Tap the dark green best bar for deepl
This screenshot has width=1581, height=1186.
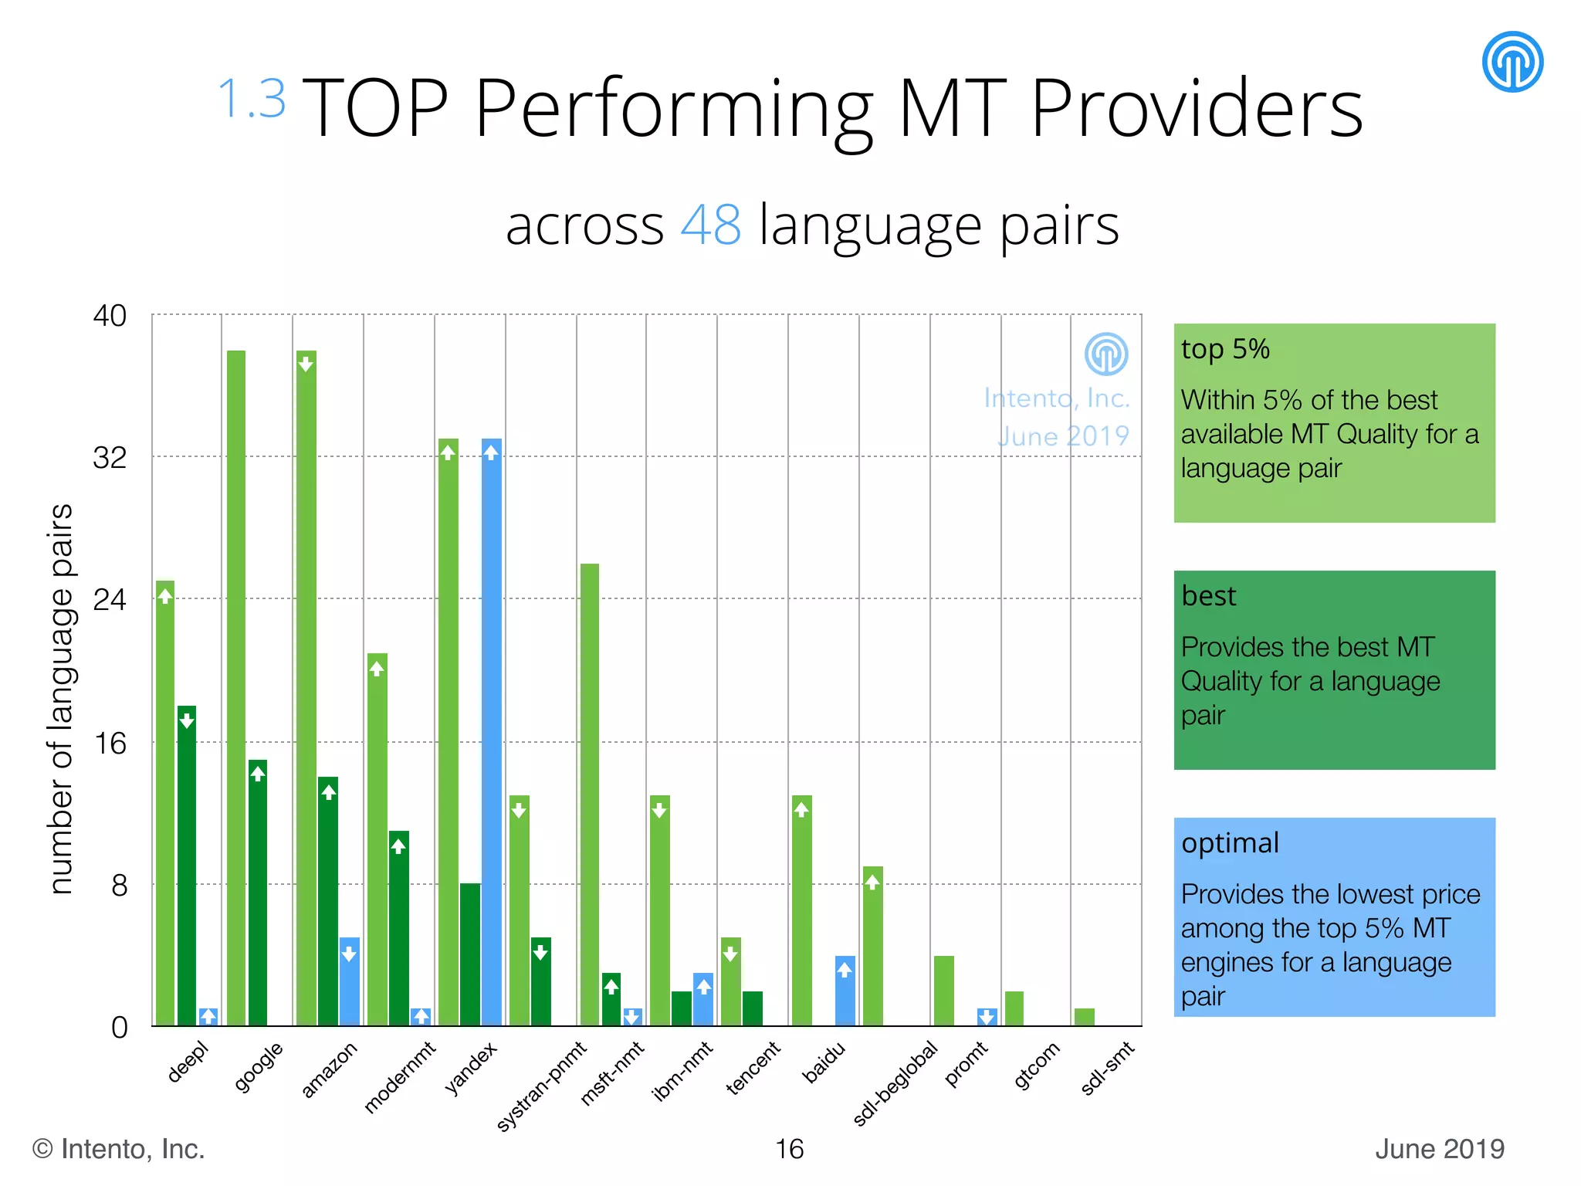[187, 865]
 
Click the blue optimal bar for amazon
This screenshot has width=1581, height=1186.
[350, 981]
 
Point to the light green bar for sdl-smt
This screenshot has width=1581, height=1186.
[1085, 1017]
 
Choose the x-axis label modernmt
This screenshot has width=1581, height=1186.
[400, 1076]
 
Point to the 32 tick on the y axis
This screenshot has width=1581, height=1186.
[110, 457]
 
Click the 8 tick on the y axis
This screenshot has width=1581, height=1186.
[119, 885]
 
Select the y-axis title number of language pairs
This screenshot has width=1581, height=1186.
[61, 699]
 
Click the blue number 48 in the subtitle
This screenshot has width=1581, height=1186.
[711, 225]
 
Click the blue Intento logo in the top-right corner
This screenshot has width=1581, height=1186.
[1512, 62]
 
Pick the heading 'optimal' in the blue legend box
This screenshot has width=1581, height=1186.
[1230, 842]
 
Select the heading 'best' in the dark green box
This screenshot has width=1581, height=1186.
[1209, 595]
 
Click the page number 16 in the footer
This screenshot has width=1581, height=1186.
[790, 1149]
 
